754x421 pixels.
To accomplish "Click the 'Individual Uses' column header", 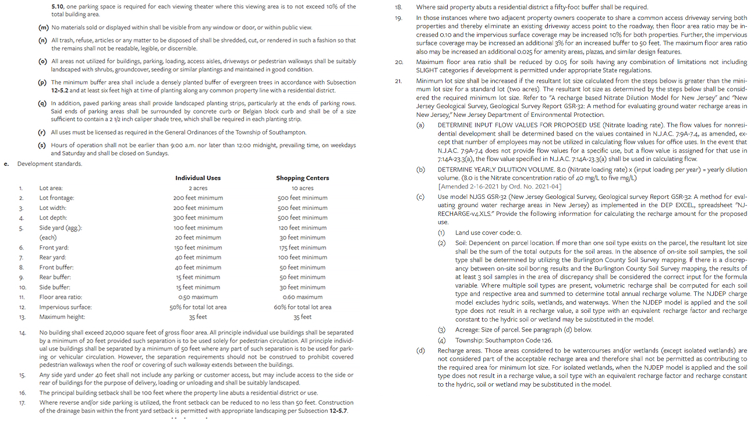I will [x=198, y=178].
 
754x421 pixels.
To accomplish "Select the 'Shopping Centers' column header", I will [x=302, y=178].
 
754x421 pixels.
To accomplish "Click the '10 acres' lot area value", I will [x=302, y=188].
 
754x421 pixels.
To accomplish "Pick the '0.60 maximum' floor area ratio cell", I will [x=302, y=297].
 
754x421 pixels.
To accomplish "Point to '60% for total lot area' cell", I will [x=302, y=307].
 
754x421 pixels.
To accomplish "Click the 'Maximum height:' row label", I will [x=62, y=317].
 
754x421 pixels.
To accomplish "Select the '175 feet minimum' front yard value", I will [x=302, y=247].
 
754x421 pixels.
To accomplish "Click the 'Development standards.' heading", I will [x=49, y=164].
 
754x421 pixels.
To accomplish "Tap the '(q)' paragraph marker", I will [x=43, y=103].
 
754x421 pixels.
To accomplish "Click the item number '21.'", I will [x=399, y=80].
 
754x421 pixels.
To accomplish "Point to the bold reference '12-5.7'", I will [x=338, y=411].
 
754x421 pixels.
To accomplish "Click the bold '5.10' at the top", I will [x=58, y=6].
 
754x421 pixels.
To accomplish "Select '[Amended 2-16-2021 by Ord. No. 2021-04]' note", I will [x=500, y=186].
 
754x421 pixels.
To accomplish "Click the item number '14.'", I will [x=22, y=333].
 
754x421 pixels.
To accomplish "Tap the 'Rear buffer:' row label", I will [x=54, y=277].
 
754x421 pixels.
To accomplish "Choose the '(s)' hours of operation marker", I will [x=43, y=145].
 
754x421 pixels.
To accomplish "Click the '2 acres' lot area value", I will [x=198, y=188].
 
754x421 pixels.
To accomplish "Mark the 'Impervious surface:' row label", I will [x=66, y=307].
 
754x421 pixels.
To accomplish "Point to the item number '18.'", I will [x=399, y=7].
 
